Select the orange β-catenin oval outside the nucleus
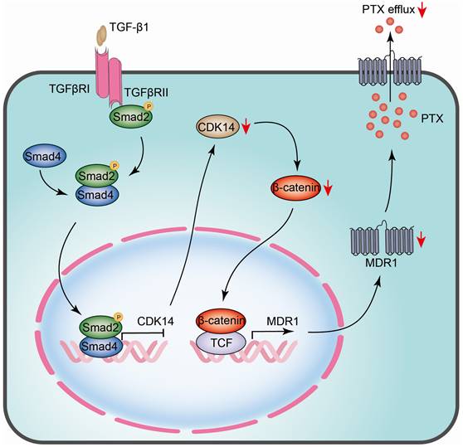(295, 190)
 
